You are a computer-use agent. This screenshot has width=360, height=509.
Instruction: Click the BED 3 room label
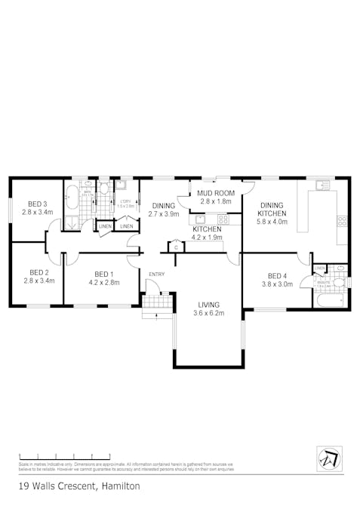coord(38,204)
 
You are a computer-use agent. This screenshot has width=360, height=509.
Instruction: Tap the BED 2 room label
coord(39,273)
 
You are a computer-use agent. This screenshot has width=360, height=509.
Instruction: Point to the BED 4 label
coord(277,275)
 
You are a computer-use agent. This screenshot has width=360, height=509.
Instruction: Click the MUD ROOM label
coord(216,193)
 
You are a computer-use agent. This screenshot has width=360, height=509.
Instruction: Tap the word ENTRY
coord(157,274)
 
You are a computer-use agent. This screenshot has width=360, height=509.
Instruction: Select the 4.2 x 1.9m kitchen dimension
coord(208,238)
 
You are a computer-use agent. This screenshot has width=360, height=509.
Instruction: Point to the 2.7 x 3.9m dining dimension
coord(163,214)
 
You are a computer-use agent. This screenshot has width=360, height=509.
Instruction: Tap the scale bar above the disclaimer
coord(64,457)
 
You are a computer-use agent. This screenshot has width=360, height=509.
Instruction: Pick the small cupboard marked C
coord(176,247)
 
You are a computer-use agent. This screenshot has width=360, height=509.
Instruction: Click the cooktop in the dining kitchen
coord(342,221)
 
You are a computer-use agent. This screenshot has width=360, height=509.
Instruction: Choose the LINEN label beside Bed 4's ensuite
coord(320,268)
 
